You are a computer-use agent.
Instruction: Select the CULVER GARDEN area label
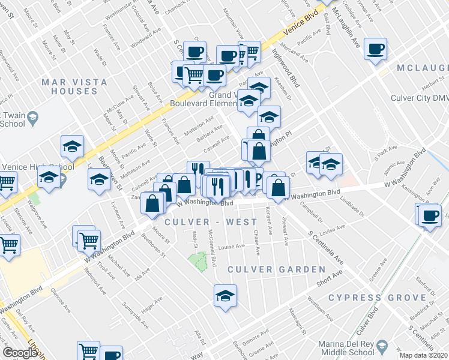276,269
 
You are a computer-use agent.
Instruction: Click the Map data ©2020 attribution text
423,355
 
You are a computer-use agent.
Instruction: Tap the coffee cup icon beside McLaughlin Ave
375,50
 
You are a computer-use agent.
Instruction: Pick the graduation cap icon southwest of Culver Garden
225,296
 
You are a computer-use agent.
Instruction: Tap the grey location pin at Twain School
32,116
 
